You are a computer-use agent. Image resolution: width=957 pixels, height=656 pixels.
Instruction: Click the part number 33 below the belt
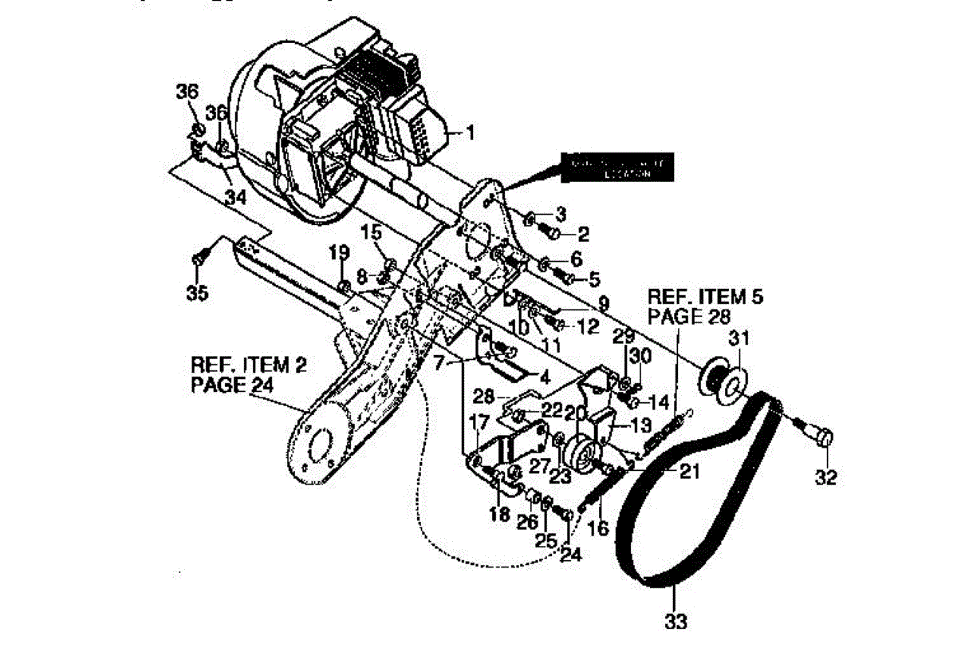click(x=675, y=619)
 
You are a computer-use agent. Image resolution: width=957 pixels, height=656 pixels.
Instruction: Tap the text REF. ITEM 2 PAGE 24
click(x=248, y=374)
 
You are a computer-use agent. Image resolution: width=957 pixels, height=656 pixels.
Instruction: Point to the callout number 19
click(x=340, y=254)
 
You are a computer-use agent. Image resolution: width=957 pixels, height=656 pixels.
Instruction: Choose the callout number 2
click(x=583, y=234)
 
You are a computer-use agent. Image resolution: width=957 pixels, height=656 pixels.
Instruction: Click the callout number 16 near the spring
click(x=597, y=528)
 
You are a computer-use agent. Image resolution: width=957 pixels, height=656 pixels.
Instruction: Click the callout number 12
click(x=587, y=326)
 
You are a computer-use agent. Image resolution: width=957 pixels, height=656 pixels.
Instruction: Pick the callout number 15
click(x=372, y=233)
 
